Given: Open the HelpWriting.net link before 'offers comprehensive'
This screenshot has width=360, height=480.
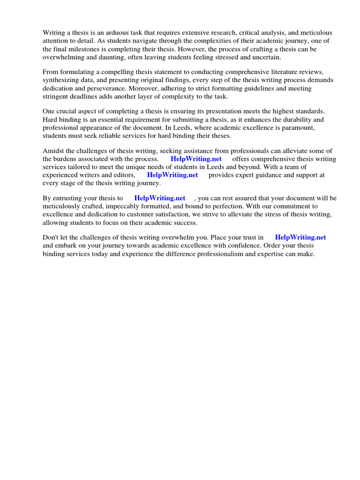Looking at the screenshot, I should click(196, 159).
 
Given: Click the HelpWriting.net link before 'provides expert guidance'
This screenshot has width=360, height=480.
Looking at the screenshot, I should click(172, 175).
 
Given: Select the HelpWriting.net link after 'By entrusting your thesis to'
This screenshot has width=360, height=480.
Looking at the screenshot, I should click(160, 198).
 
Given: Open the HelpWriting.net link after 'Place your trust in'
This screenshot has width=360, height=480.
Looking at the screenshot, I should click(300, 237).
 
